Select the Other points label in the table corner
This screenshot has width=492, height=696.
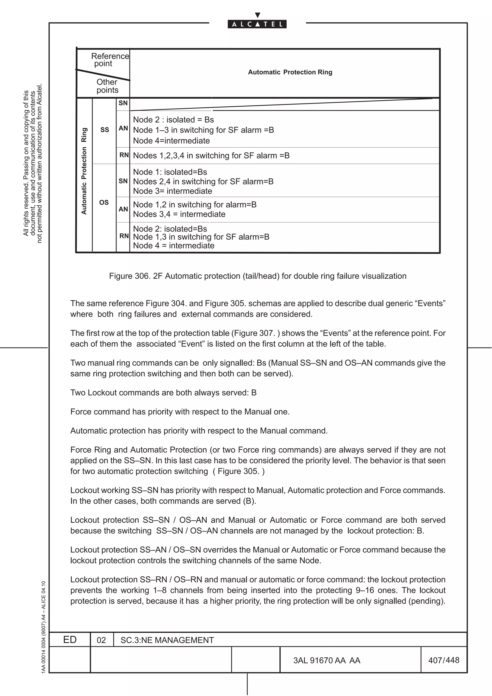click(x=107, y=86)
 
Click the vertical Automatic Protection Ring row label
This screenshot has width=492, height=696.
click(x=84, y=171)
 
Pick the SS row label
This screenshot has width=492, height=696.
click(x=105, y=130)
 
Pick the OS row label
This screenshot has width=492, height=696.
click(x=104, y=202)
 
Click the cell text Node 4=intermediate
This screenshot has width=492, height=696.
click(x=171, y=141)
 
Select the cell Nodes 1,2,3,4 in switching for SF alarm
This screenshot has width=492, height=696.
click(x=211, y=156)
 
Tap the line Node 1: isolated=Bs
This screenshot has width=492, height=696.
click(x=170, y=172)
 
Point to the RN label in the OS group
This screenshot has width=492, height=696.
click(x=124, y=236)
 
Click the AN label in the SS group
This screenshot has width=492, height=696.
click(x=123, y=128)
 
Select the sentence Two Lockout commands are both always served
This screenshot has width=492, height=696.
click(x=163, y=393)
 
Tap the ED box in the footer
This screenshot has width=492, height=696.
click(x=70, y=640)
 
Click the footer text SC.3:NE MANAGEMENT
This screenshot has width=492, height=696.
click(x=167, y=640)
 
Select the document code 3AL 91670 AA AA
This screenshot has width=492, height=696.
click(x=326, y=660)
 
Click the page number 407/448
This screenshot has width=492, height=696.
click(x=443, y=660)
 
